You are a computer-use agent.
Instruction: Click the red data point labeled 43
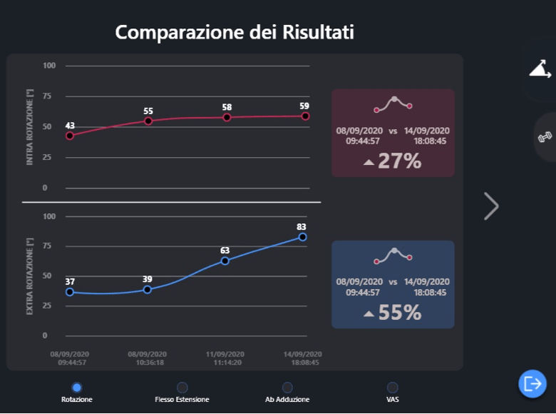70,136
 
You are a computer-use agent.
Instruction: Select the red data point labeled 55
148,121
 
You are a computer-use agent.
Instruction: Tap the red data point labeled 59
305,116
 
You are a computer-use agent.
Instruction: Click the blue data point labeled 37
70,292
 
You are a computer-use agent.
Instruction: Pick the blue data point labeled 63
225,261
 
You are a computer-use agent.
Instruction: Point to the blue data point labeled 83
302,237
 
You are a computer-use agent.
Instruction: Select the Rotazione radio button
76,388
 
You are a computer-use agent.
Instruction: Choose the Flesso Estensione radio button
182,388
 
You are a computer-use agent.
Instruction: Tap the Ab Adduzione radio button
287,388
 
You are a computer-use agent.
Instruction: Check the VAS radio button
393,388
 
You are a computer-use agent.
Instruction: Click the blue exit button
532,383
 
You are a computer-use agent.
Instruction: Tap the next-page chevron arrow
492,206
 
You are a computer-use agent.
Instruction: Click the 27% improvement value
400,161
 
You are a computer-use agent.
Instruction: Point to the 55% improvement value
400,313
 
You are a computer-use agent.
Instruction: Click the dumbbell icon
545,137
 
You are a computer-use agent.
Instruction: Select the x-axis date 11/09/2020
225,354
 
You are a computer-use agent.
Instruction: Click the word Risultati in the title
318,32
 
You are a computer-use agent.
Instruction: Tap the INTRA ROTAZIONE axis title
29,127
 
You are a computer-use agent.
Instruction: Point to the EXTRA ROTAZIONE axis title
29,276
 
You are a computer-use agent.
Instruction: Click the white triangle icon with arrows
540,69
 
